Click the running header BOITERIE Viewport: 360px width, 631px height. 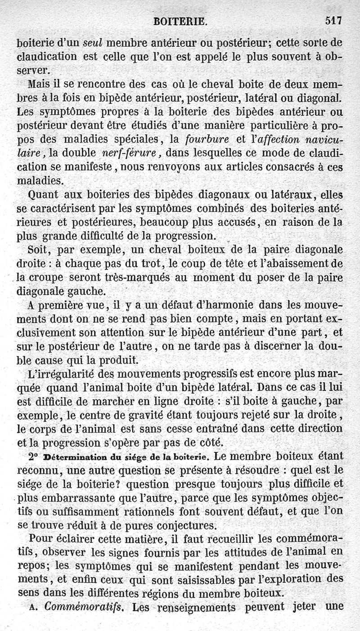coord(180,21)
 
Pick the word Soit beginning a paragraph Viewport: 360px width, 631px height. coord(38,250)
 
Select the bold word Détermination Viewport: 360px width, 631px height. coord(72,456)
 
